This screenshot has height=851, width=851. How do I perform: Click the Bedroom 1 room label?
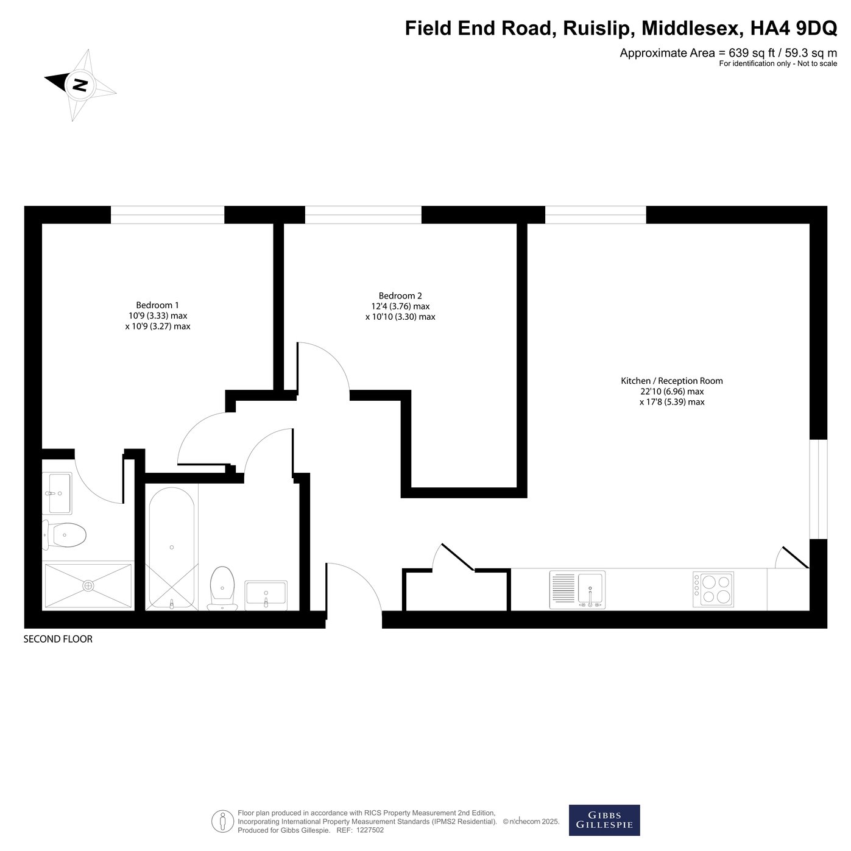click(157, 305)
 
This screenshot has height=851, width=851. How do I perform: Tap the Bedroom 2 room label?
click(400, 295)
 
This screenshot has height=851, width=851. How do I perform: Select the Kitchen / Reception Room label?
click(672, 381)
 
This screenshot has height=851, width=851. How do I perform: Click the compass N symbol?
click(80, 84)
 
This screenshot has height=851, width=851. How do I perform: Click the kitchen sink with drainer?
click(577, 590)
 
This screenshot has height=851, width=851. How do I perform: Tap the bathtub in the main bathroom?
click(171, 548)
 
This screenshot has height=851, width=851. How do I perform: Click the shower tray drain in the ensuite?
click(88, 585)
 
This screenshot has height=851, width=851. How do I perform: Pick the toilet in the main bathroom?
click(222, 587)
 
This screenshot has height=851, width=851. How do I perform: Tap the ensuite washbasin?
click(57, 493)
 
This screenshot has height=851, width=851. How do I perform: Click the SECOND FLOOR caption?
click(58, 639)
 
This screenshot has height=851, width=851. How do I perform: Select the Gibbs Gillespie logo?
click(604, 820)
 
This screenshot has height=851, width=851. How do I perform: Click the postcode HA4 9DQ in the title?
click(794, 28)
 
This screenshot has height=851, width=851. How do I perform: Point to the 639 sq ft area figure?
click(752, 53)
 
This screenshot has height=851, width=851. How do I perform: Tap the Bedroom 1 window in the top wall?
click(168, 214)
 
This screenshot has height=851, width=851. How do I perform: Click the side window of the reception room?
click(818, 489)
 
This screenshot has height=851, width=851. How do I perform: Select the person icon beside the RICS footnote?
click(222, 822)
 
